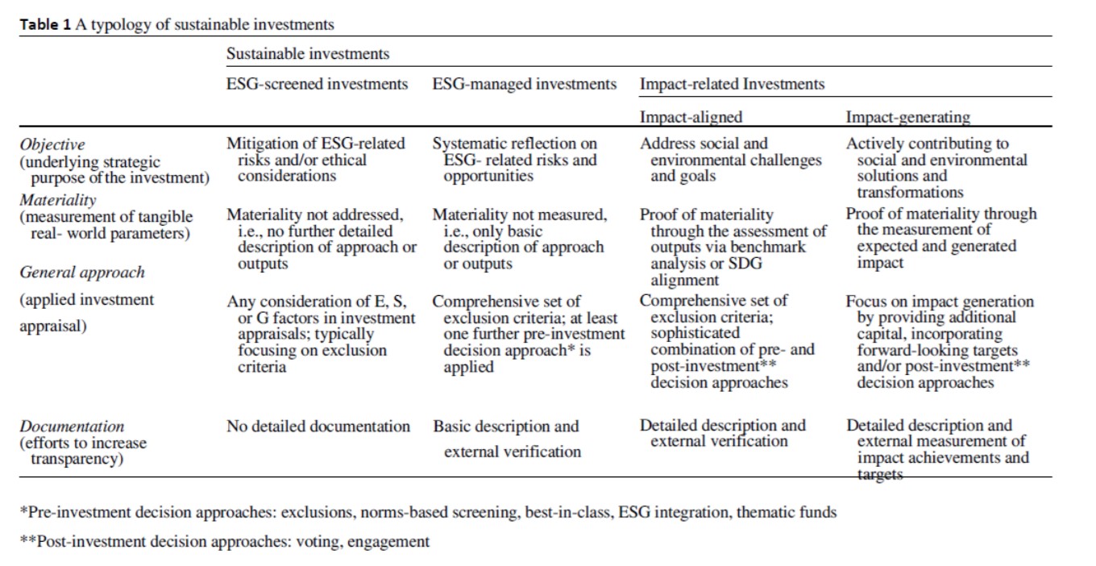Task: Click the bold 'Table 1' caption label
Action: pyautogui.click(x=46, y=24)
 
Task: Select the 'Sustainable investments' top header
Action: pyautogui.click(x=307, y=54)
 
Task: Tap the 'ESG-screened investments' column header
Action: pyautogui.click(x=317, y=84)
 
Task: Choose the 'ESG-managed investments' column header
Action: pyautogui.click(x=525, y=84)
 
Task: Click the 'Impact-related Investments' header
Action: pyautogui.click(x=732, y=84)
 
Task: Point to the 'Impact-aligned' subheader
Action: pyautogui.click(x=691, y=117)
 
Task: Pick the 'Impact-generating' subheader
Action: pyautogui.click(x=907, y=117)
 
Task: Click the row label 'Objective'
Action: pyautogui.click(x=52, y=145)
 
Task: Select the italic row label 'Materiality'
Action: pyautogui.click(x=57, y=200)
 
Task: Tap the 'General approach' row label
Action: pyautogui.click(x=82, y=273)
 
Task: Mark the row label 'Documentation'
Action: pyautogui.click(x=72, y=427)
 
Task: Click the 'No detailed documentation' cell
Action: pyautogui.click(x=318, y=427)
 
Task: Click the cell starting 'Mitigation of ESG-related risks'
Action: pyautogui.click(x=317, y=160)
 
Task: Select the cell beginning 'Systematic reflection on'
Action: pyautogui.click(x=516, y=160)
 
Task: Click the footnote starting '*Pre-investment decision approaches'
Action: pyautogui.click(x=428, y=512)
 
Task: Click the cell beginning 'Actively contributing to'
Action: pyautogui.click(x=935, y=168)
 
